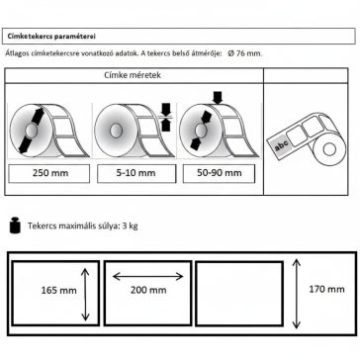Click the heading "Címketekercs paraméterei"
[x=51, y=37]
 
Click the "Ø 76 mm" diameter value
[x=245, y=53]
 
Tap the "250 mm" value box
[x=49, y=173]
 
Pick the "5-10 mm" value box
[x=136, y=173]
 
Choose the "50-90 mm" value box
[x=219, y=173]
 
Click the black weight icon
[x=15, y=225]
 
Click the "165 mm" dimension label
[x=58, y=291]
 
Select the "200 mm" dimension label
[x=148, y=290]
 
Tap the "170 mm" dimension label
[x=326, y=289]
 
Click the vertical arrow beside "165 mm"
[x=85, y=295]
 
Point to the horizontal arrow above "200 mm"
[x=147, y=276]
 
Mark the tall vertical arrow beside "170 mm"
[x=297, y=294]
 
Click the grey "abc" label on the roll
[x=281, y=143]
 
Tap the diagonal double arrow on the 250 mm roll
[x=32, y=131]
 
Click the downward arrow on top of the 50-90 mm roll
[x=218, y=98]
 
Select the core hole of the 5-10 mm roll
[x=115, y=131]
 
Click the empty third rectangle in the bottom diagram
[x=239, y=294]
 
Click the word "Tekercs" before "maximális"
[x=42, y=226]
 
